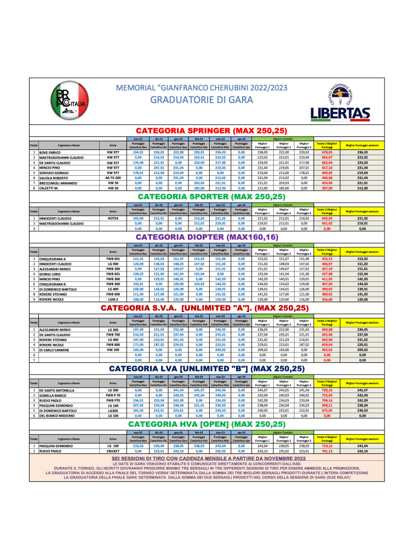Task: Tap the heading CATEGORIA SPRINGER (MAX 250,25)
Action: tap(211, 131)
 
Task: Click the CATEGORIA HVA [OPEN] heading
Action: tap(211, 424)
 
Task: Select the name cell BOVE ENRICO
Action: tap(53, 152)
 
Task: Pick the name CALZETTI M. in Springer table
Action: tap(51, 188)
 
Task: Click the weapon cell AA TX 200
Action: tap(113, 177)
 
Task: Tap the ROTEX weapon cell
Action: tap(113, 218)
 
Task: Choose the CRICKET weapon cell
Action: tap(113, 451)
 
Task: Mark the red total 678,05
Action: tap(327, 152)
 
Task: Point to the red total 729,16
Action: tap(327, 390)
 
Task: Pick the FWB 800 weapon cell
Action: tap(113, 344)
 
